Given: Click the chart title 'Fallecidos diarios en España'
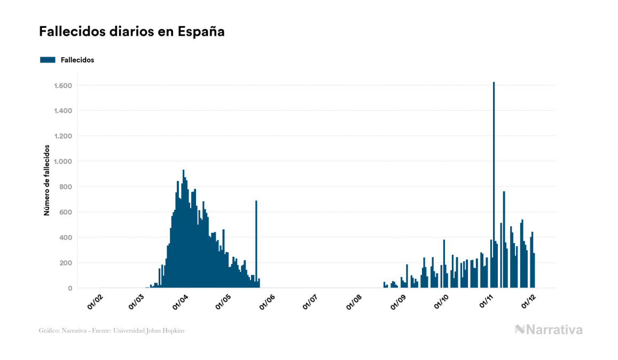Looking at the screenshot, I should [x=131, y=32].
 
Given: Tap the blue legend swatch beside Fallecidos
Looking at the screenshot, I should [x=48, y=60].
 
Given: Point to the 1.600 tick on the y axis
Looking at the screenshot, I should [x=63, y=85].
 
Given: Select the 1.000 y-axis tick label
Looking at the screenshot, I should [x=63, y=161].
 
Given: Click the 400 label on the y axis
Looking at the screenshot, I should [x=66, y=238].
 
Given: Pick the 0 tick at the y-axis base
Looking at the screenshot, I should [x=70, y=288].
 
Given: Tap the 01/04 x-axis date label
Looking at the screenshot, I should [x=181, y=302].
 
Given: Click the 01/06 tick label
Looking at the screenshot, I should [x=267, y=302].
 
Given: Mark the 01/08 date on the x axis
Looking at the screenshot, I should [x=354, y=302].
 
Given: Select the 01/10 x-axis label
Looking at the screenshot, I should [x=441, y=302].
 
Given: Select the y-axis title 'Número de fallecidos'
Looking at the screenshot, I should [x=46, y=180].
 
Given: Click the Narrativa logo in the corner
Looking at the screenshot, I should [x=549, y=330].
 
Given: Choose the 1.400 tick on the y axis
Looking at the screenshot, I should [x=63, y=111].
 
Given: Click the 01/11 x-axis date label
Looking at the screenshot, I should [x=486, y=302].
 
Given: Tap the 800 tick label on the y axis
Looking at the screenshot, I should [x=66, y=187].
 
